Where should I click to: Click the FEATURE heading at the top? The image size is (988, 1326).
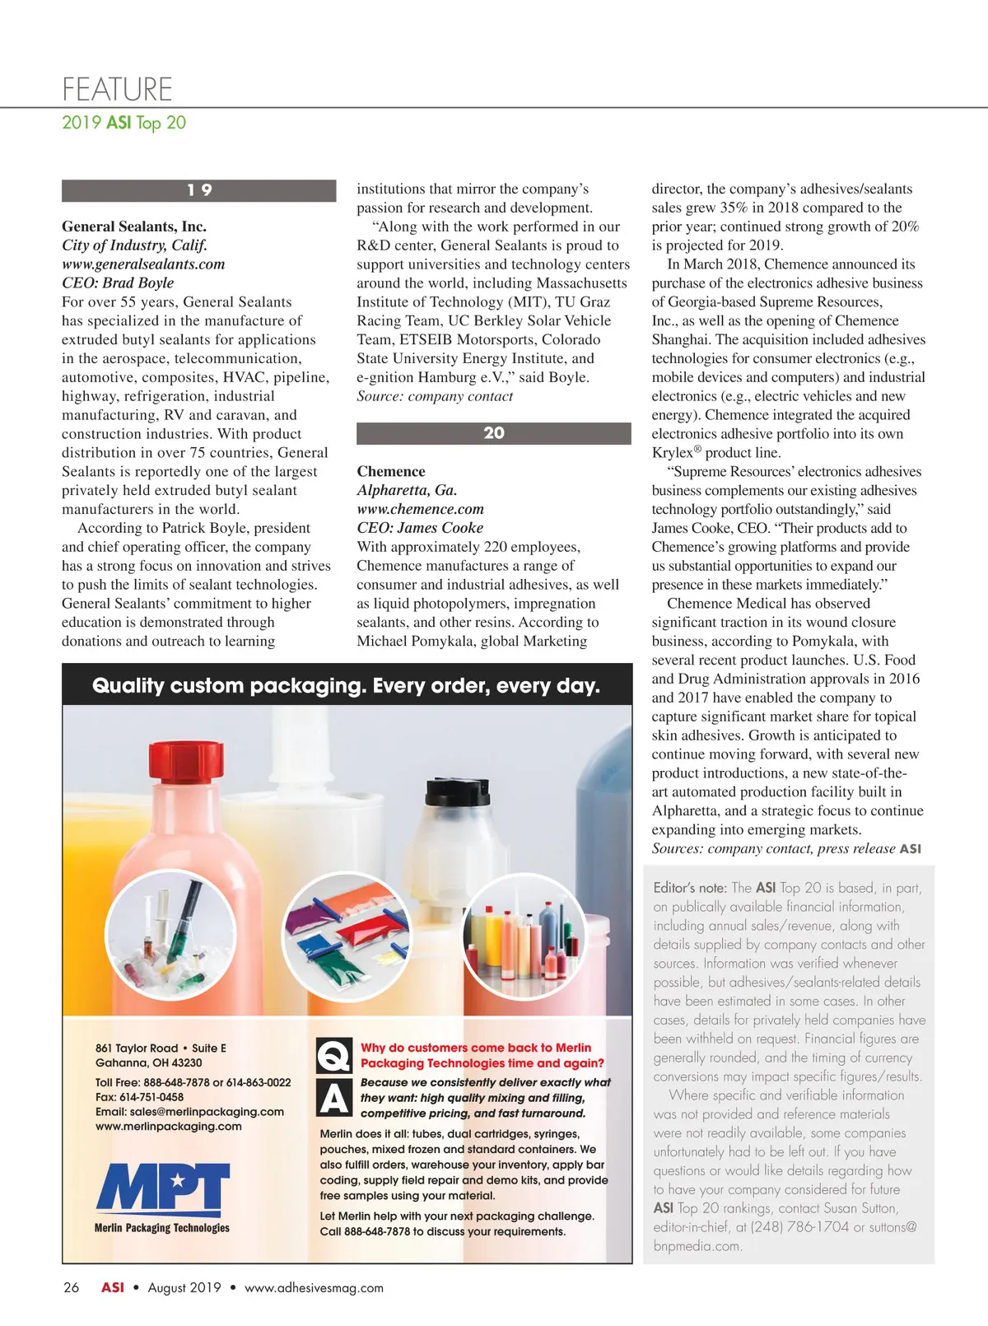[117, 89]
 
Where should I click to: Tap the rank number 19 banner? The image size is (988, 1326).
[198, 190]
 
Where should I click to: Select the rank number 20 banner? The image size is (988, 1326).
[493, 433]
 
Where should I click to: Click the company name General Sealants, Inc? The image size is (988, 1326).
[134, 226]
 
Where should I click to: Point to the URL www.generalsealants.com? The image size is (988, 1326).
[143, 264]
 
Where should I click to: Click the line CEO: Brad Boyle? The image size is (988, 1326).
[118, 283]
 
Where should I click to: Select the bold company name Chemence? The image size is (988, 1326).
[391, 472]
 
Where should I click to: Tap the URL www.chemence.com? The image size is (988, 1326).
[420, 509]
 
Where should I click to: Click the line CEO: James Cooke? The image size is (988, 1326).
[420, 528]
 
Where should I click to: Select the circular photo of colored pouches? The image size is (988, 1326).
[346, 936]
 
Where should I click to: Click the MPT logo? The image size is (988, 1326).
[162, 1190]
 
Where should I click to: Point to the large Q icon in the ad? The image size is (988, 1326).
[334, 1055]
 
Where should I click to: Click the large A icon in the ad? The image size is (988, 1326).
[334, 1097]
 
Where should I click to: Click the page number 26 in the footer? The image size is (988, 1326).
[72, 1287]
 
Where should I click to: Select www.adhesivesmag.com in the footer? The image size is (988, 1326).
[314, 1288]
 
